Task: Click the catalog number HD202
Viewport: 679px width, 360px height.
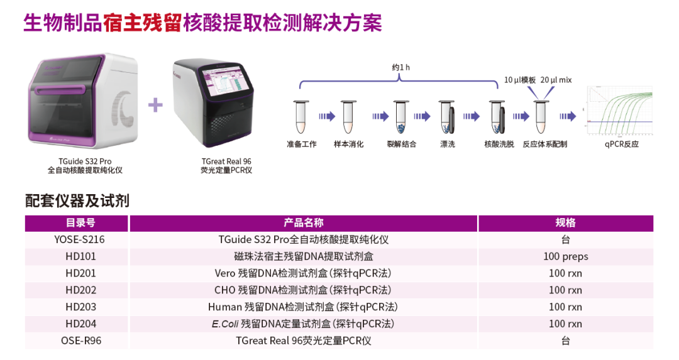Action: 80,290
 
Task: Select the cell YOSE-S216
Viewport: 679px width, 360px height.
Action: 79,239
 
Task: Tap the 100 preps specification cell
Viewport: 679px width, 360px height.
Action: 566,256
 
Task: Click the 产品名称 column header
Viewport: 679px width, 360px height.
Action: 304,223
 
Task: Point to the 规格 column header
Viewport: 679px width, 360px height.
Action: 566,223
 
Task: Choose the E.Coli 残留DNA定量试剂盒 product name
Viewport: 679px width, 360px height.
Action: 303,324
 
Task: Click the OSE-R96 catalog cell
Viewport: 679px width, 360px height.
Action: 81,341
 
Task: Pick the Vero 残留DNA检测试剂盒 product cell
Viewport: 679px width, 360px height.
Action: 303,273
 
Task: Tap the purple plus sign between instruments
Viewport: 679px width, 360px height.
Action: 155,105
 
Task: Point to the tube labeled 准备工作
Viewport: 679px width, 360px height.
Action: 301,117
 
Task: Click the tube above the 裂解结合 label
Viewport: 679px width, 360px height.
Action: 401,117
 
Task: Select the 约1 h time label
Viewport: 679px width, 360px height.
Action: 400,67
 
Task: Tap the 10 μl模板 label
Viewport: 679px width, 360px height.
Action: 520,80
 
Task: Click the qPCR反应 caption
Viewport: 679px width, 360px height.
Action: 621,144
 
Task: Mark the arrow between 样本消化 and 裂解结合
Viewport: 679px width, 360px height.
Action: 380,116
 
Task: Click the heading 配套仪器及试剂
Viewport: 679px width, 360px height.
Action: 77,201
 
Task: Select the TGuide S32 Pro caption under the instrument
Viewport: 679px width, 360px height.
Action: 85,161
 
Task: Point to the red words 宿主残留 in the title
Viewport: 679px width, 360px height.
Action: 142,23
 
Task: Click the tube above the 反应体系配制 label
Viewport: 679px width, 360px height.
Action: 541,117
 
